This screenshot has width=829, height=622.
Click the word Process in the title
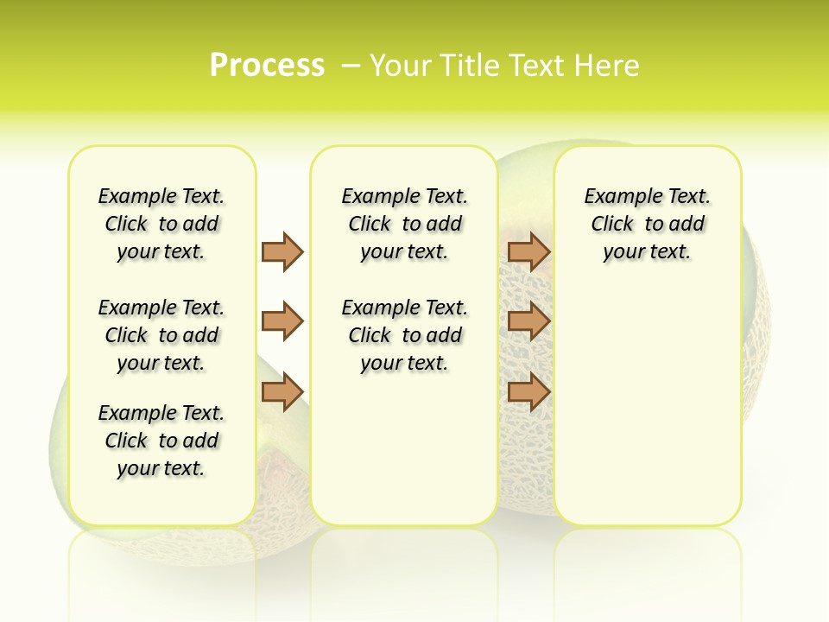coord(267,65)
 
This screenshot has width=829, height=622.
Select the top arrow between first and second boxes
coord(282,251)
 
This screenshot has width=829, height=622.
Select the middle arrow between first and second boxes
coord(282,321)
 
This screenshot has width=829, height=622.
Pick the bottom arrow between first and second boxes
coord(282,392)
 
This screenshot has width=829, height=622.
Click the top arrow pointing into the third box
coord(528,251)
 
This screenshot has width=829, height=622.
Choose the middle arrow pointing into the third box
coord(528,321)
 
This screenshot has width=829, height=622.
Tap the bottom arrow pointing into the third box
coord(528,392)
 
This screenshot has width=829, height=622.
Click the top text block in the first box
coord(161,224)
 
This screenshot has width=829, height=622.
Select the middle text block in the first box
coord(161,335)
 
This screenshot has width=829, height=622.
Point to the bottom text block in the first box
coord(161,441)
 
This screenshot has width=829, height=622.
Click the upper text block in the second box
coord(404,224)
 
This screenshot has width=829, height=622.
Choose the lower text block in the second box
coord(404,335)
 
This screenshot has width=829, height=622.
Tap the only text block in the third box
coord(647,224)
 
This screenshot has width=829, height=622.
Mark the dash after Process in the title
coord(351,65)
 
